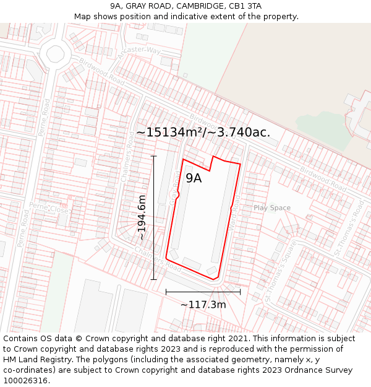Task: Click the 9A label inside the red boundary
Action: click(x=194, y=178)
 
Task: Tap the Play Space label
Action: click(x=271, y=208)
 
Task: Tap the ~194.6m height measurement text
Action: click(x=142, y=217)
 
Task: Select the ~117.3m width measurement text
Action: click(x=203, y=305)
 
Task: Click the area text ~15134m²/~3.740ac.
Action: click(x=203, y=133)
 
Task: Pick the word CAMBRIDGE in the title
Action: click(x=201, y=6)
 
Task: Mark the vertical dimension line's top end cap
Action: click(x=153, y=156)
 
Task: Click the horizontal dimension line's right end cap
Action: click(x=241, y=292)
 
